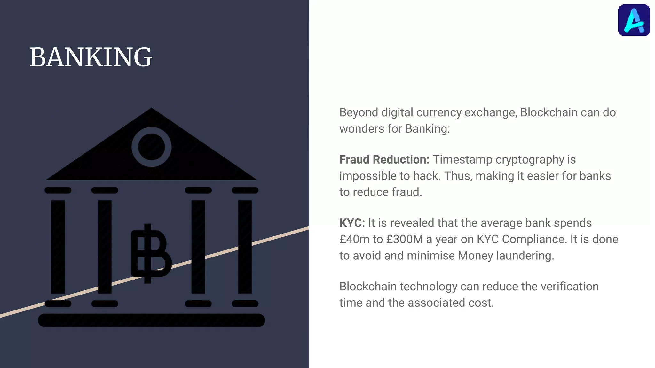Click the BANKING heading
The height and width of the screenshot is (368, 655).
click(x=91, y=57)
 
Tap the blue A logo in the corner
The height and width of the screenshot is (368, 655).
click(x=634, y=20)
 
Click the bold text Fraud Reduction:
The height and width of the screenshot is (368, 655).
click(x=384, y=159)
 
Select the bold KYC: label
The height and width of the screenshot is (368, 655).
click(x=352, y=223)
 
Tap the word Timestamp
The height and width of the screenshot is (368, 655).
click(x=462, y=159)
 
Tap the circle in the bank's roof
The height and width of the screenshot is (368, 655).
click(x=151, y=147)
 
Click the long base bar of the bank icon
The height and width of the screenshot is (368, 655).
click(x=151, y=320)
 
